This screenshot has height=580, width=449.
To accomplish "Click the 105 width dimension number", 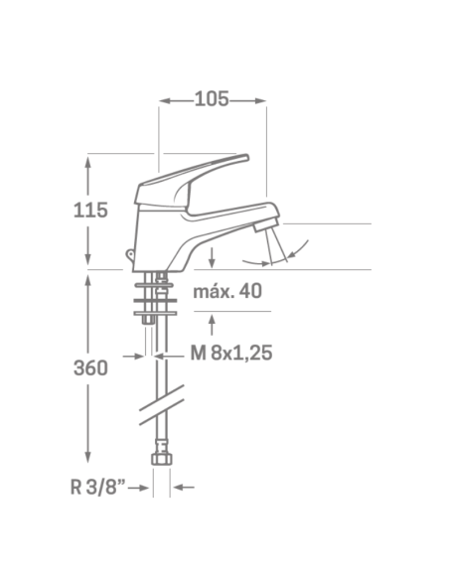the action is click(212, 99).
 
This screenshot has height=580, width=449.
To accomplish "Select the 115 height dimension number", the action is click(90, 211).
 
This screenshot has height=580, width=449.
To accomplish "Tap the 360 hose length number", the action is click(90, 368).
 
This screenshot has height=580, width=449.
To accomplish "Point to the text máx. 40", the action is click(227, 291).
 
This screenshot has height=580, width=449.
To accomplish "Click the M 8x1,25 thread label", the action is click(231, 353).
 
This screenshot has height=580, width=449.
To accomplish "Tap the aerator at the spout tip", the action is click(265, 224).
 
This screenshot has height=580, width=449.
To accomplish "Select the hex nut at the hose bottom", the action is click(162, 459).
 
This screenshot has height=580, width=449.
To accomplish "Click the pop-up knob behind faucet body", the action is click(129, 254).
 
